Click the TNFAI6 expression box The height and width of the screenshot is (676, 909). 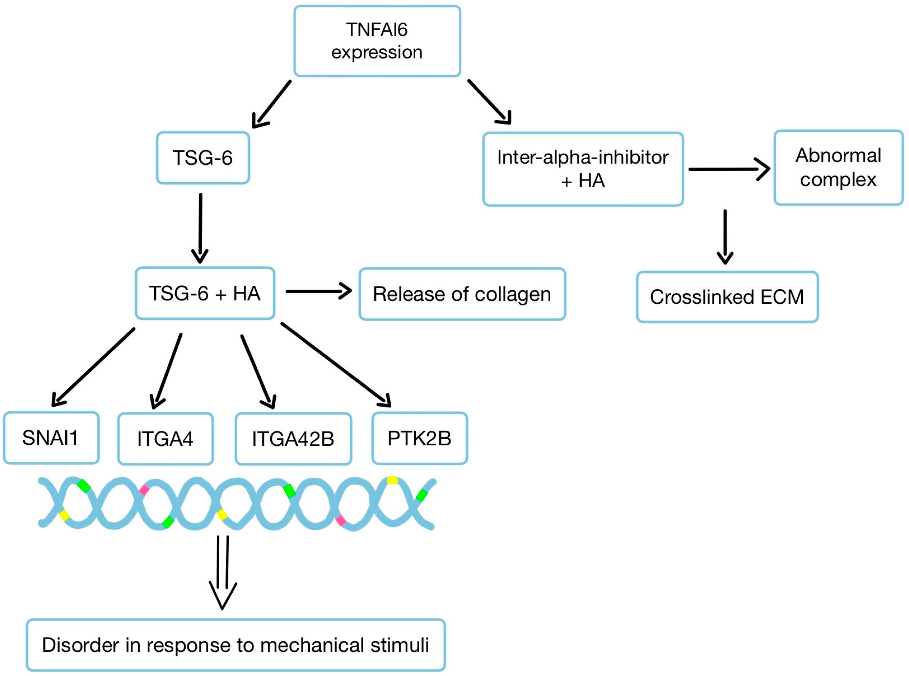click(377, 41)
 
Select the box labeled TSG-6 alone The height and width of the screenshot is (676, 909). click(203, 158)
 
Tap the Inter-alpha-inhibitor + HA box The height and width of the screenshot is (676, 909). click(583, 169)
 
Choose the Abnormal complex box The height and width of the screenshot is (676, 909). click(838, 168)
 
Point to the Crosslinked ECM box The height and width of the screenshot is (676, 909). click(727, 297)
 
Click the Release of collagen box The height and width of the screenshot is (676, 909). click(462, 294)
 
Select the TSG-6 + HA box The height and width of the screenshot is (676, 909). click(205, 293)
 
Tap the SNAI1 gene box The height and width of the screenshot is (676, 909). click(51, 438)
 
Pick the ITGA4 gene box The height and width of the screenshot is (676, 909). click(165, 439)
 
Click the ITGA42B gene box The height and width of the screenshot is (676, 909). click(293, 439)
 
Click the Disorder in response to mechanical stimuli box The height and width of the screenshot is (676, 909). click(236, 645)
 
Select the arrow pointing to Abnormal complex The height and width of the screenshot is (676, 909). click(729, 169)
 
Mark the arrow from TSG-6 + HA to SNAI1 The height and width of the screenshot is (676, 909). click(93, 367)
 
